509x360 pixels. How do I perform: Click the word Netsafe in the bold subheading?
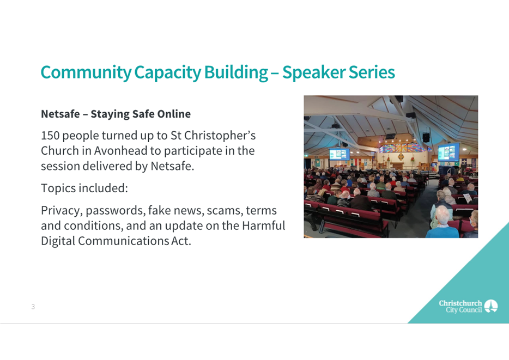coord(60,114)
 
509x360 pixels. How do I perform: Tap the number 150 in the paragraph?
coord(50,136)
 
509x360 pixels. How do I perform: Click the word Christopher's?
coord(220,136)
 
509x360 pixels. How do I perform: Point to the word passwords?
coord(115,211)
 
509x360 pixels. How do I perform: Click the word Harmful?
coord(264,225)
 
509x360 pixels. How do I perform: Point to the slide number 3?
coord(33,307)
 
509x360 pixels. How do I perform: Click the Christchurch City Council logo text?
coord(460,307)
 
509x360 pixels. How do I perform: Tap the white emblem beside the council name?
coord(491,306)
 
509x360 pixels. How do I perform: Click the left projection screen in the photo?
coord(339,154)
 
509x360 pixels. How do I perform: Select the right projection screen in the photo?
coord(449,152)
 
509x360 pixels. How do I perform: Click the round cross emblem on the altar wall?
coord(401,157)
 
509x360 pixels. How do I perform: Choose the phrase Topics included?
coord(84,188)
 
